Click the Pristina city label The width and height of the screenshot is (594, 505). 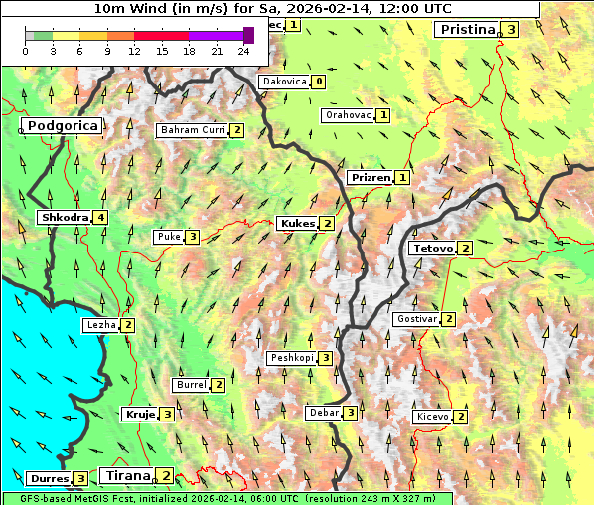pyautogui.click(x=466, y=30)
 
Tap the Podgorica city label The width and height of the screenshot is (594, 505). pyautogui.click(x=62, y=126)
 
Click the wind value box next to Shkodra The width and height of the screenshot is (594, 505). pyautogui.click(x=100, y=217)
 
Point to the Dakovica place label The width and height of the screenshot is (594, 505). pyautogui.click(x=283, y=82)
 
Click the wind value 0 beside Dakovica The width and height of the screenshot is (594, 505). pyautogui.click(x=318, y=82)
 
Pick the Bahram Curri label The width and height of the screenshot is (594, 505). pyautogui.click(x=193, y=130)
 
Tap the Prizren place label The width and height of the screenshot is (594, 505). pyautogui.click(x=370, y=178)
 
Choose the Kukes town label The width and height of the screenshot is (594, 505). pyautogui.click(x=297, y=224)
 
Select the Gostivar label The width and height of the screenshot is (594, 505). pyautogui.click(x=415, y=319)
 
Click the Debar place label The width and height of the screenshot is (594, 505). pyautogui.click(x=324, y=413)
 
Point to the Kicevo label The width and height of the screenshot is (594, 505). pyautogui.click(x=433, y=417)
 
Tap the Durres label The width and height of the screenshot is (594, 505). pyautogui.click(x=48, y=479)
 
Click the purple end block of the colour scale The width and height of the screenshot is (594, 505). pyautogui.click(x=248, y=35)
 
